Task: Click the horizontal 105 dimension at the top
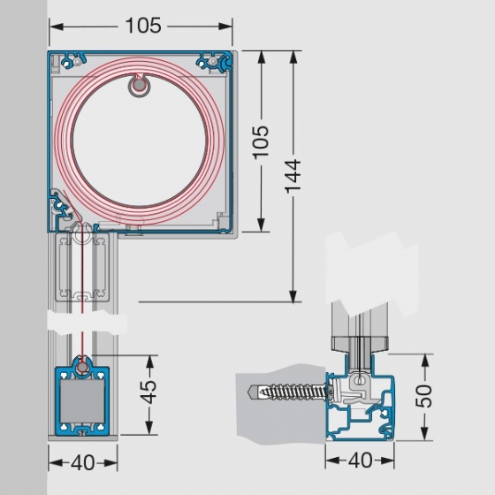coord(143,26)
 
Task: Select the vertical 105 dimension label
coord(261,142)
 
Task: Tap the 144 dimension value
coord(293,176)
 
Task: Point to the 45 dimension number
coord(148,392)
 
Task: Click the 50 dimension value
coord(423,396)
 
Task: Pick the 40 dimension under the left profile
coord(83,462)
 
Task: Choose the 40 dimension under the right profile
coord(361,460)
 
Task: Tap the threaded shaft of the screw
coord(293,392)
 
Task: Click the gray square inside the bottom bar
coord(82,401)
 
